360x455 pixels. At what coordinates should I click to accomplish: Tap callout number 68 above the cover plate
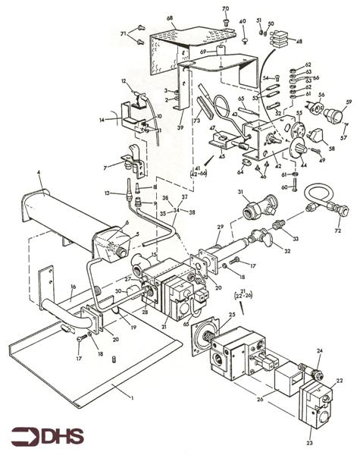171,17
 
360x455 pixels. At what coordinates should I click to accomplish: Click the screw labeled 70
225,20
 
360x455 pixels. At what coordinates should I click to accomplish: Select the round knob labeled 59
334,116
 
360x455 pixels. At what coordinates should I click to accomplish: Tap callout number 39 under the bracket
180,129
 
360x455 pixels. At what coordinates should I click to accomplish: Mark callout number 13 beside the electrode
107,193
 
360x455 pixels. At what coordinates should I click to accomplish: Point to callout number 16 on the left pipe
73,287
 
